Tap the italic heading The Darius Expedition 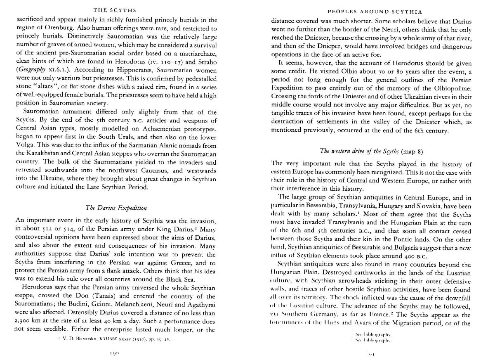coord(116,208)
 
